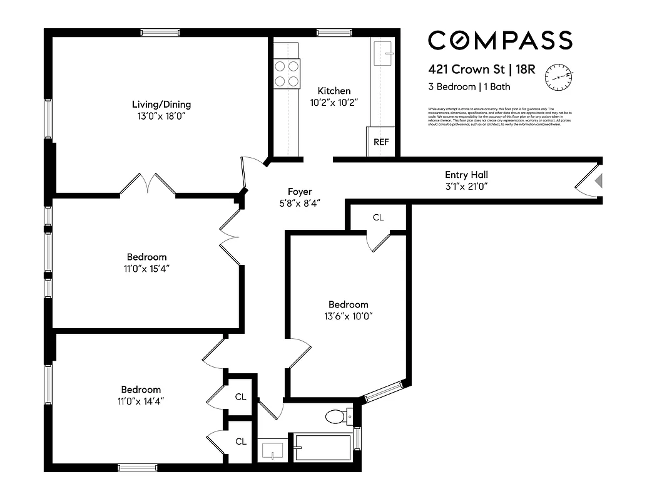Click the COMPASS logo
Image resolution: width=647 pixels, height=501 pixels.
(499, 41)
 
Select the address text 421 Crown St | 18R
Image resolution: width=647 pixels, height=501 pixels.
(481, 69)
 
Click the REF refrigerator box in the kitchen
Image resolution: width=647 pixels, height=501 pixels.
(381, 142)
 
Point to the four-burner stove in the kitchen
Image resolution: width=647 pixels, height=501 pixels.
(287, 73)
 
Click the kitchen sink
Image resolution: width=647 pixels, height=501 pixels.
(382, 54)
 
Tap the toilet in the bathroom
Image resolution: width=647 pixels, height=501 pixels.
(337, 416)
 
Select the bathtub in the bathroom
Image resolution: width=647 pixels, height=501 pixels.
(322, 448)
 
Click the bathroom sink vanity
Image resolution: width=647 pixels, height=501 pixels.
(272, 450)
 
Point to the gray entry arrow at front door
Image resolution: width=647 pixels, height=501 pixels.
(598, 182)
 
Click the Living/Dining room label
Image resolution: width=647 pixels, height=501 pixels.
(161, 105)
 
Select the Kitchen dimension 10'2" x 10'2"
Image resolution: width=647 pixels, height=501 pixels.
(334, 102)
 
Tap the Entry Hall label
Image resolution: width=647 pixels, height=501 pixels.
(466, 175)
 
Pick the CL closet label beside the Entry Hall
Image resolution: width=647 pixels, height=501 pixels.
(378, 217)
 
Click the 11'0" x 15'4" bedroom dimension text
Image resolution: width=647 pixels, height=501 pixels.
(146, 269)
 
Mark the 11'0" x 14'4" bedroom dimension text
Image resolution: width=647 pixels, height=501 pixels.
(141, 401)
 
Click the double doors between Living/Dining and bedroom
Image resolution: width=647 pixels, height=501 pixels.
(147, 185)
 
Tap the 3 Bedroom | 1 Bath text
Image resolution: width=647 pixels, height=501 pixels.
(465, 87)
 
